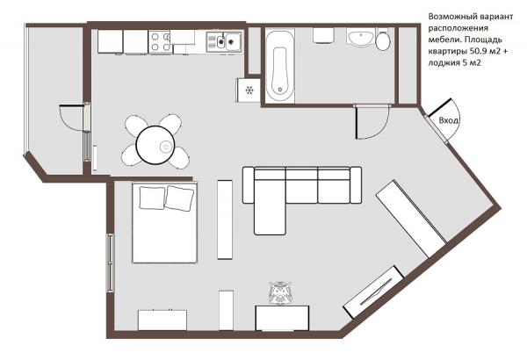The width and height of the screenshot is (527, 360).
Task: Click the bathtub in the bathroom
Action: coord(280,66)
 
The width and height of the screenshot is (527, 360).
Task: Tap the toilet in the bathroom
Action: coord(382,40)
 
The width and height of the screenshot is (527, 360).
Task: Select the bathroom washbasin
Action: coord(361,37)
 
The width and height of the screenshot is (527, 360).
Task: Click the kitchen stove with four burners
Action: coord(161,41)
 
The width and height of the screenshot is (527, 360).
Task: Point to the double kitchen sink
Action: coord(224,41)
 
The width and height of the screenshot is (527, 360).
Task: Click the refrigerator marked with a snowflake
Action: coord(249,90)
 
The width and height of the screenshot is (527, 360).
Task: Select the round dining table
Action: coord(155,145)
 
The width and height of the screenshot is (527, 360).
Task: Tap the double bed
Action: coord(164,223)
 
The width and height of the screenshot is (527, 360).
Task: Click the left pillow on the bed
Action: coord(152,198)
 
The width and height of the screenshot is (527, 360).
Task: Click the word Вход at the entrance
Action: coord(449,120)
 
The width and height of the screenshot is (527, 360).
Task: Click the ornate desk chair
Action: coord(280,293)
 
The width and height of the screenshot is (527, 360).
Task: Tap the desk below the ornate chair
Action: coord(282,318)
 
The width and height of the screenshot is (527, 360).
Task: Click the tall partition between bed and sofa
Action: coord(225,220)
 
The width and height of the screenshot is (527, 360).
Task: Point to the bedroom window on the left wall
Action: coord(110,263)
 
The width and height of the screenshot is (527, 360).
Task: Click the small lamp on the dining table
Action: coord(166,147)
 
